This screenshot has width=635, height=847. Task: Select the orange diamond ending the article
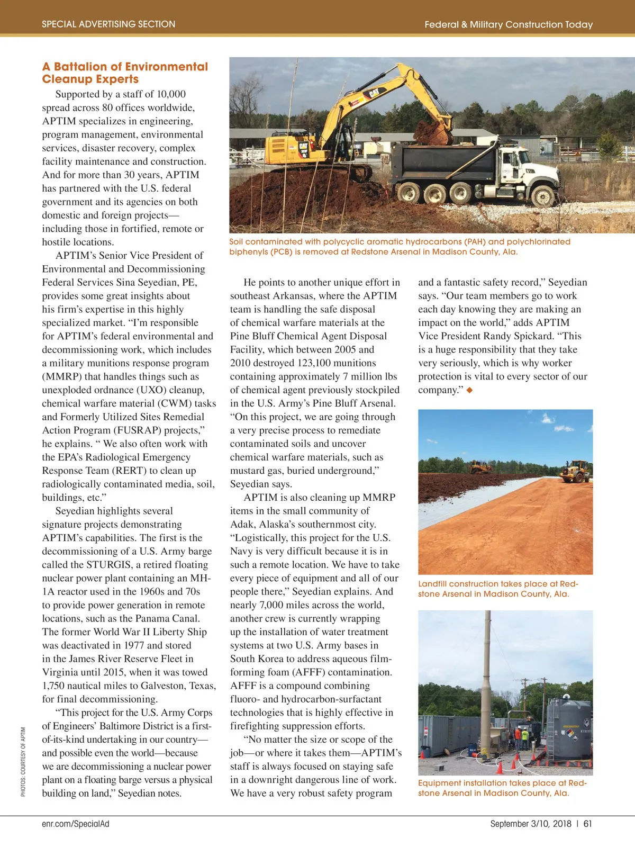469,390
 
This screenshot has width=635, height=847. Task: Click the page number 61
588,824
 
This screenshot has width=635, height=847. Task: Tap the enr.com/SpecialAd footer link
76,824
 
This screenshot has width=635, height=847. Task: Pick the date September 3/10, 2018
531,824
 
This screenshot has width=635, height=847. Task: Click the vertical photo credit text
23,762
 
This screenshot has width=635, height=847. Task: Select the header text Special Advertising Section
108,24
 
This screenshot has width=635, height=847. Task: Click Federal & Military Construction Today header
509,24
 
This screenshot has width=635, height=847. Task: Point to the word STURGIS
109,565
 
